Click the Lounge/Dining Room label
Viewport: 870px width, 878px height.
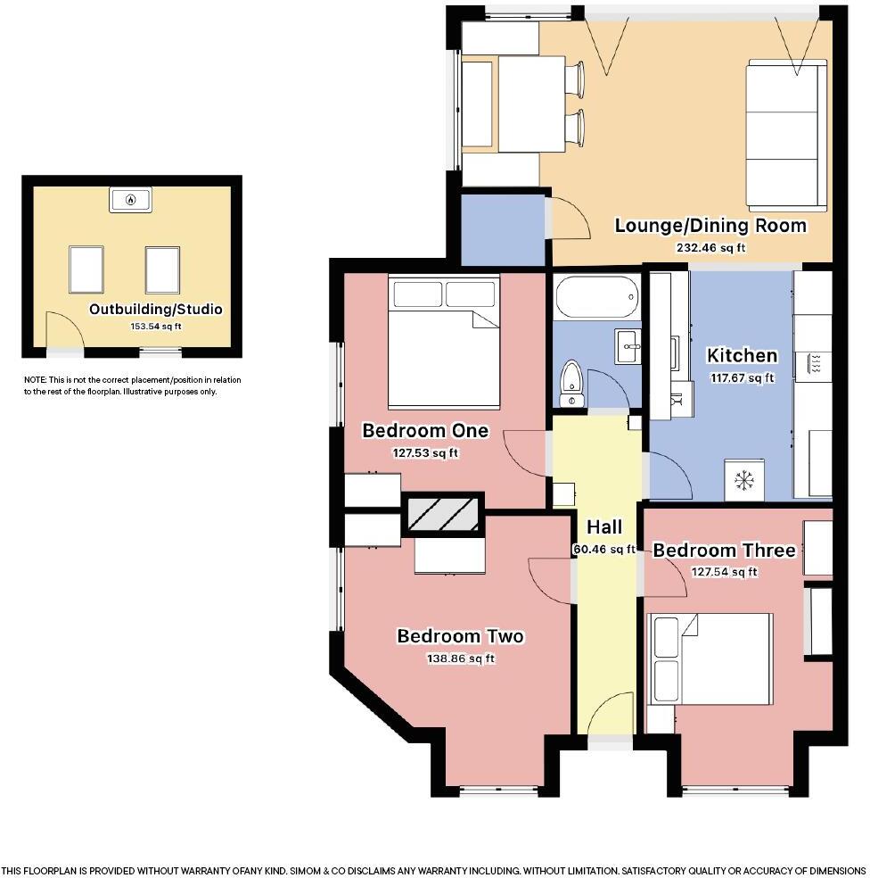point(710,226)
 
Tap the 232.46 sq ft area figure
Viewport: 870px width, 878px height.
point(710,247)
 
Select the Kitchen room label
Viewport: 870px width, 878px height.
point(742,355)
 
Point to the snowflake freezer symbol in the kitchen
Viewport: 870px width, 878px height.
point(743,480)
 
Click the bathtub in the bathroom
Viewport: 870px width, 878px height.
point(597,297)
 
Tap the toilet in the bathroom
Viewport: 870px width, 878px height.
point(571,384)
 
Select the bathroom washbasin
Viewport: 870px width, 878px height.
point(628,346)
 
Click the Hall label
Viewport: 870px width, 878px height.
point(604,527)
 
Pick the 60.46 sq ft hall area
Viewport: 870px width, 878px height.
point(604,550)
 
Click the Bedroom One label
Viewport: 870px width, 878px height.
point(425,431)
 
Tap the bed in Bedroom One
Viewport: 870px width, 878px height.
point(444,341)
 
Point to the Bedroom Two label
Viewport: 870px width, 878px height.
point(461,636)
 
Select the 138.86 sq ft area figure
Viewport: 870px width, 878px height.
point(461,658)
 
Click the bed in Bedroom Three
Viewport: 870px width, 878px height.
point(710,658)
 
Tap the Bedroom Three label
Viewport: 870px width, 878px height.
point(724,551)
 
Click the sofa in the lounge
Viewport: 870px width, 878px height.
point(786,135)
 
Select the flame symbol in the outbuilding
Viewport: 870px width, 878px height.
point(131,199)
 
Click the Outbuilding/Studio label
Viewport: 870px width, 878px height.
point(155,309)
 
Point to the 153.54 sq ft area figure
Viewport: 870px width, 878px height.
point(155,326)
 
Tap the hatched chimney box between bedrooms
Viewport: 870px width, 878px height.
point(443,513)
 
